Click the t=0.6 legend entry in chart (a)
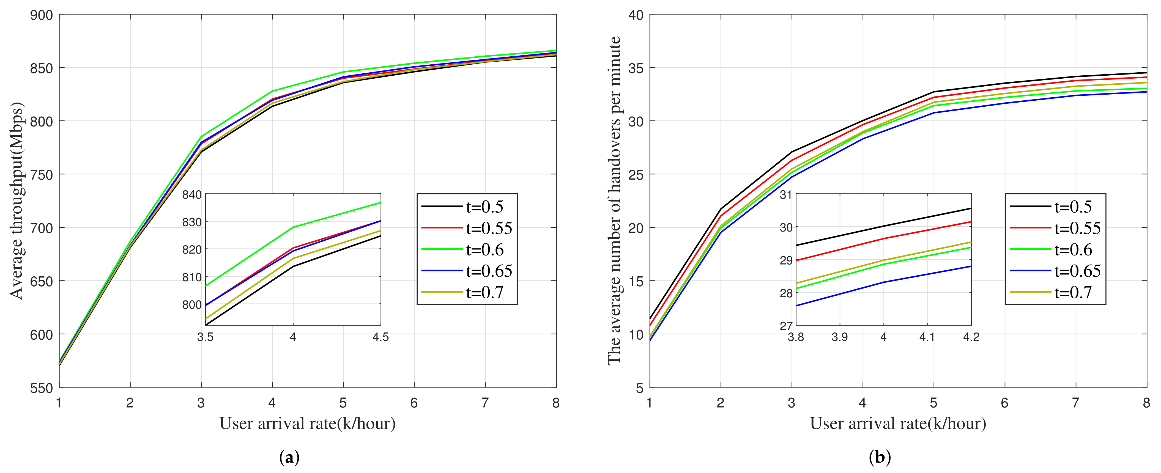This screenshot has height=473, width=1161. tap(484, 250)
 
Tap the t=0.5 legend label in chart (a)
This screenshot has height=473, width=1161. tap(484, 207)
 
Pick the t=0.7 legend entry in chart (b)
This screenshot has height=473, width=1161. tap(1073, 292)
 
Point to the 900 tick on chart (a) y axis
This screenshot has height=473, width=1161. tap(42, 15)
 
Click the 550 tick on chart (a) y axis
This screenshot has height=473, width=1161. tap(42, 388)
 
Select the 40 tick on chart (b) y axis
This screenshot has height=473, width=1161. tap(636, 15)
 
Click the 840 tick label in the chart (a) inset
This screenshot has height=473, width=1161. tap(191, 195)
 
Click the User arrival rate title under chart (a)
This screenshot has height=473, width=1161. tap(307, 424)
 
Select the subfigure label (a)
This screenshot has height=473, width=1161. tap(289, 458)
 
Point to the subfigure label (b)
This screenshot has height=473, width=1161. tap(879, 458)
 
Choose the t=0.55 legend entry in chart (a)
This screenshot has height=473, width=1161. tap(489, 229)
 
